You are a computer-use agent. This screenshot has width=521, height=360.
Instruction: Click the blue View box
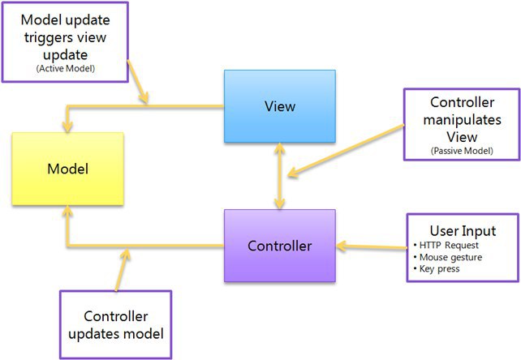[x=280, y=106]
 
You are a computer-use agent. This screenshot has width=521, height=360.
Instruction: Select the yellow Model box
[x=68, y=169]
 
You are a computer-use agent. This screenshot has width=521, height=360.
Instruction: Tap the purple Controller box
[x=280, y=246]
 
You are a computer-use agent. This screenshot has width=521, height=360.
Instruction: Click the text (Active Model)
[x=66, y=69]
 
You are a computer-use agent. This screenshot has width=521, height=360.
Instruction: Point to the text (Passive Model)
[x=462, y=151]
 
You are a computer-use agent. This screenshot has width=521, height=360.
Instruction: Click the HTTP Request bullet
[x=446, y=245]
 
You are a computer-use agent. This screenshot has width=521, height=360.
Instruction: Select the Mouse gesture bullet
[x=448, y=257]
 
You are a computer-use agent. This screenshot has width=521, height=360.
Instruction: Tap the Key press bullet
[x=437, y=268]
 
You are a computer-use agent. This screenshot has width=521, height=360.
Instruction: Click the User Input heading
[x=463, y=230]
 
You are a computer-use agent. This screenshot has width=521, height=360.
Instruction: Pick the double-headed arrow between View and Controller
[x=280, y=176]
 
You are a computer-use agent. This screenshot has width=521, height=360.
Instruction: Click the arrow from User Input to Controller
[x=372, y=246]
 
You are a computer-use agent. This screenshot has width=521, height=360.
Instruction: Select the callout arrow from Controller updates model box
[x=121, y=270]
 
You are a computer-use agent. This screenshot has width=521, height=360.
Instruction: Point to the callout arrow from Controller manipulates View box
[x=346, y=150]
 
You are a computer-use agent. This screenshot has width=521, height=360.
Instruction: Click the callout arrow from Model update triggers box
[x=138, y=82]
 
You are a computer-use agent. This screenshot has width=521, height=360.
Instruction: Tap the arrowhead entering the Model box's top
[x=67, y=126]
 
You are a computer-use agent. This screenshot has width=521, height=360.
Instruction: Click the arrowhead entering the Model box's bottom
[x=67, y=212]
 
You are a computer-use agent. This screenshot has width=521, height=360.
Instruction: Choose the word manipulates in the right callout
[x=463, y=120]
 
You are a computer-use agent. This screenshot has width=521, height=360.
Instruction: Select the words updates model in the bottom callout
[x=116, y=334]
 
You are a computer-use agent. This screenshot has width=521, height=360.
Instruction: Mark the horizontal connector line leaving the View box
[x=145, y=106]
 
